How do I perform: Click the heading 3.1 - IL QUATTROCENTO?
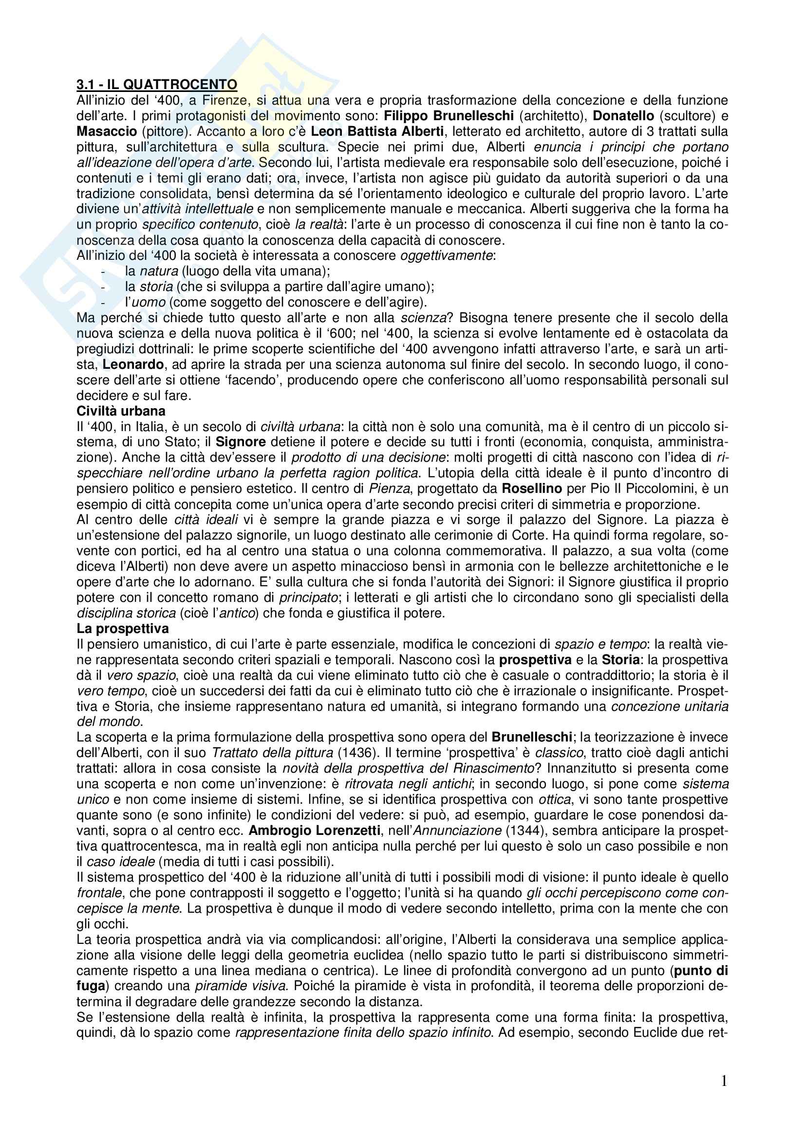(157, 85)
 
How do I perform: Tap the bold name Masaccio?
(107, 131)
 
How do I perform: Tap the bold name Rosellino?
(532, 488)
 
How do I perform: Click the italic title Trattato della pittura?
(272, 753)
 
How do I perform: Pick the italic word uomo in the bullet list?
(152, 302)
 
